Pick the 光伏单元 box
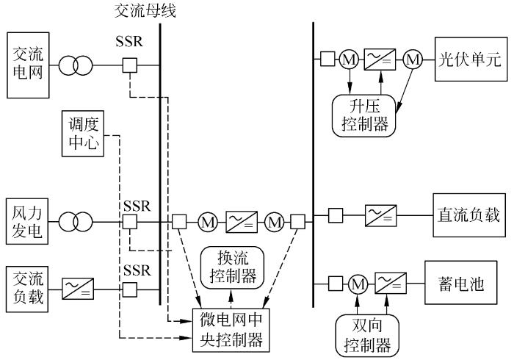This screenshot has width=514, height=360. (471, 59)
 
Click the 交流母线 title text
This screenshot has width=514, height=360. (146, 11)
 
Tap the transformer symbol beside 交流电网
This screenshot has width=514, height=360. (75, 65)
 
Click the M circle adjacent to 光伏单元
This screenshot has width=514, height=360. (414, 59)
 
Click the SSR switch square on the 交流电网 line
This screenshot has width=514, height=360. (130, 65)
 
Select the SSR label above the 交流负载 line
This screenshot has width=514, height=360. (137, 270)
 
